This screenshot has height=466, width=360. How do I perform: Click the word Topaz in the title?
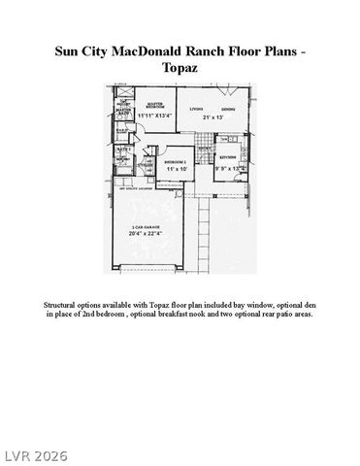pyautogui.click(x=180, y=70)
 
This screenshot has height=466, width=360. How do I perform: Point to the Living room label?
pyautogui.click(x=195, y=109)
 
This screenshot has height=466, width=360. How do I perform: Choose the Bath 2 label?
pyautogui.click(x=113, y=149)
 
